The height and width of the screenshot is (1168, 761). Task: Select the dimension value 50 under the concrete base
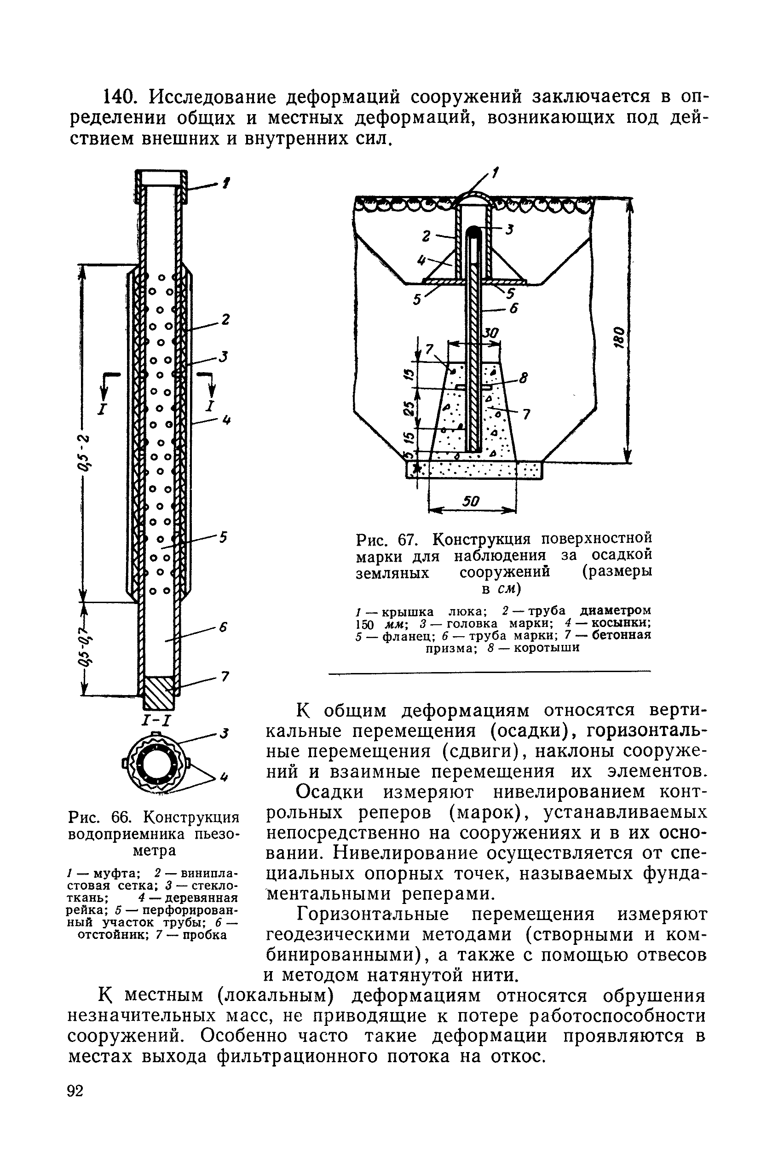click(x=471, y=501)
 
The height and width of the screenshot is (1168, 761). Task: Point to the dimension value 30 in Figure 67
click(x=490, y=333)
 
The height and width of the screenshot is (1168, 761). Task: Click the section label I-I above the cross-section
click(x=156, y=721)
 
